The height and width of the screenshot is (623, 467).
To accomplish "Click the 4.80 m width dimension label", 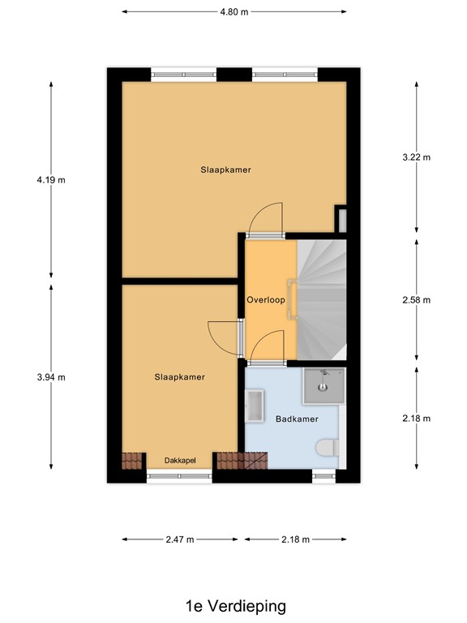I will point(233,12).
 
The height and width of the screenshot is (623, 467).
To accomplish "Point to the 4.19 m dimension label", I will point(50,179).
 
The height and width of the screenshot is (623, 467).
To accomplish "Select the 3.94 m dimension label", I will point(50,376).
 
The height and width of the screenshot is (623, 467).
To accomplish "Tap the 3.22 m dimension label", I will point(417,157).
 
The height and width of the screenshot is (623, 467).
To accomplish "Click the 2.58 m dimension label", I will point(417,299).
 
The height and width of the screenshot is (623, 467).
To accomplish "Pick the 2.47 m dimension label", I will point(180,539).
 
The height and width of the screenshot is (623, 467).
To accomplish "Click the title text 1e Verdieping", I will point(234,605).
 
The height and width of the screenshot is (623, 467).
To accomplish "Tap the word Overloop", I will point(266,299).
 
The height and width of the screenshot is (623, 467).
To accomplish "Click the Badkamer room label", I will point(296,419).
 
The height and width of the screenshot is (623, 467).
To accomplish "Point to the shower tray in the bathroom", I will point(323,385).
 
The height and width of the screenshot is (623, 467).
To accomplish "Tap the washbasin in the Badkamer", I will point(255,406).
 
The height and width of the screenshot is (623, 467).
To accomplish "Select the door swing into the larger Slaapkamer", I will point(267,219).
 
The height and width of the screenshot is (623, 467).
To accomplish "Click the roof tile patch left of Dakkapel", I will point(132,460).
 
